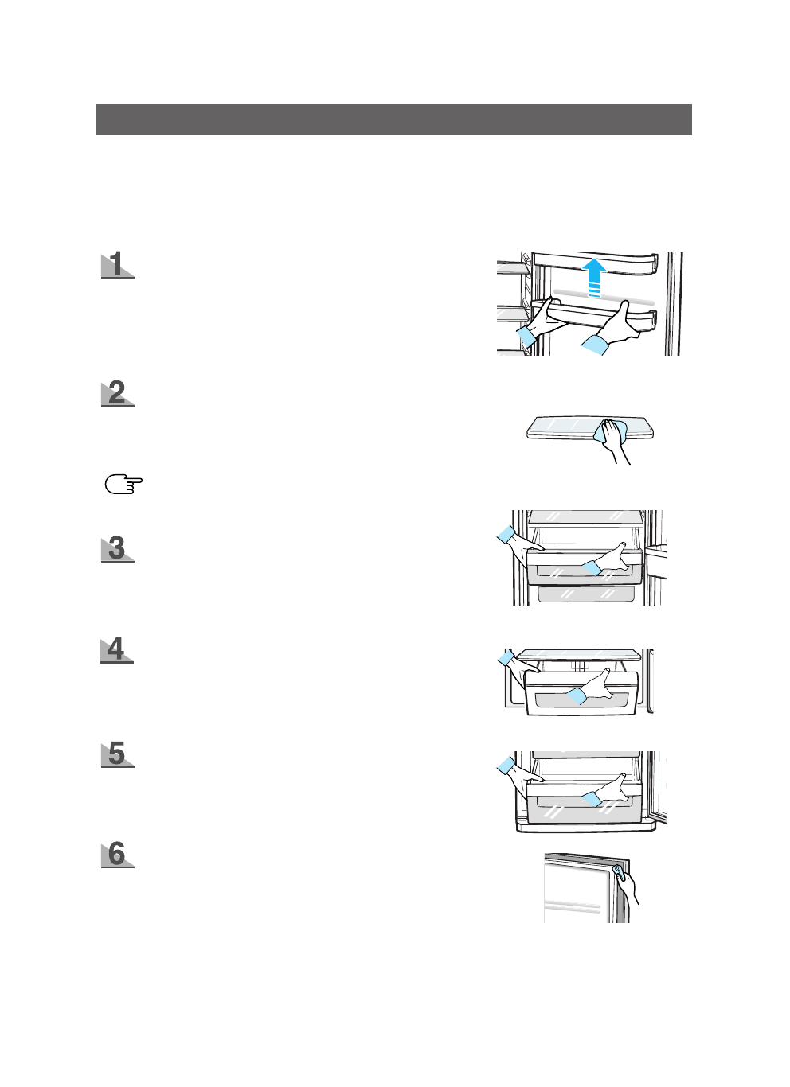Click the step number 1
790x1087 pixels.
117,264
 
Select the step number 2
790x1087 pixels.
117,393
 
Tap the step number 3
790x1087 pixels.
117,548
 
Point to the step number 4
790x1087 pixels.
117,649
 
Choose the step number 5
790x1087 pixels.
117,753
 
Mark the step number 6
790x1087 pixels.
117,854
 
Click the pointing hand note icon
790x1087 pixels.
123,484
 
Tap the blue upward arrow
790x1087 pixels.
593,277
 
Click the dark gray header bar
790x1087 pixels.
393,119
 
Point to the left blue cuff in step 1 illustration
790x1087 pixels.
526,335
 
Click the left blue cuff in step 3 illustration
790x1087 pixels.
506,534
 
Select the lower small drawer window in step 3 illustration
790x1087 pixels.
586,594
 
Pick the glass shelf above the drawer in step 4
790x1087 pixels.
580,655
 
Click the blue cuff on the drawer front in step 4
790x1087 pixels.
576,696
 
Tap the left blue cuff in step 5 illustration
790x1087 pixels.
506,766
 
